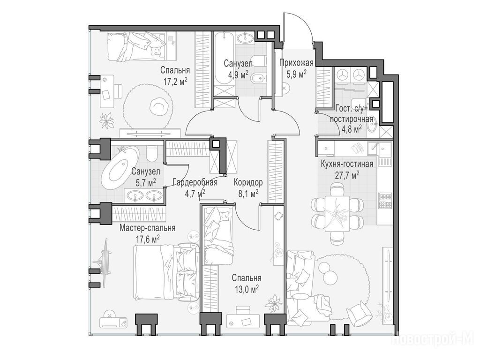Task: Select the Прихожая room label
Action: pyautogui.click(x=296, y=63)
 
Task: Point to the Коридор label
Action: pyautogui.click(x=248, y=183)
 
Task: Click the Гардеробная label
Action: pyautogui.click(x=195, y=183)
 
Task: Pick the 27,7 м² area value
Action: pyautogui.click(x=347, y=175)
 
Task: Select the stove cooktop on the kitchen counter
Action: pyautogui.click(x=385, y=201)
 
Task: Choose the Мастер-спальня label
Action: pyautogui.click(x=148, y=228)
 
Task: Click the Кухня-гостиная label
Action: pyautogui.click(x=347, y=164)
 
